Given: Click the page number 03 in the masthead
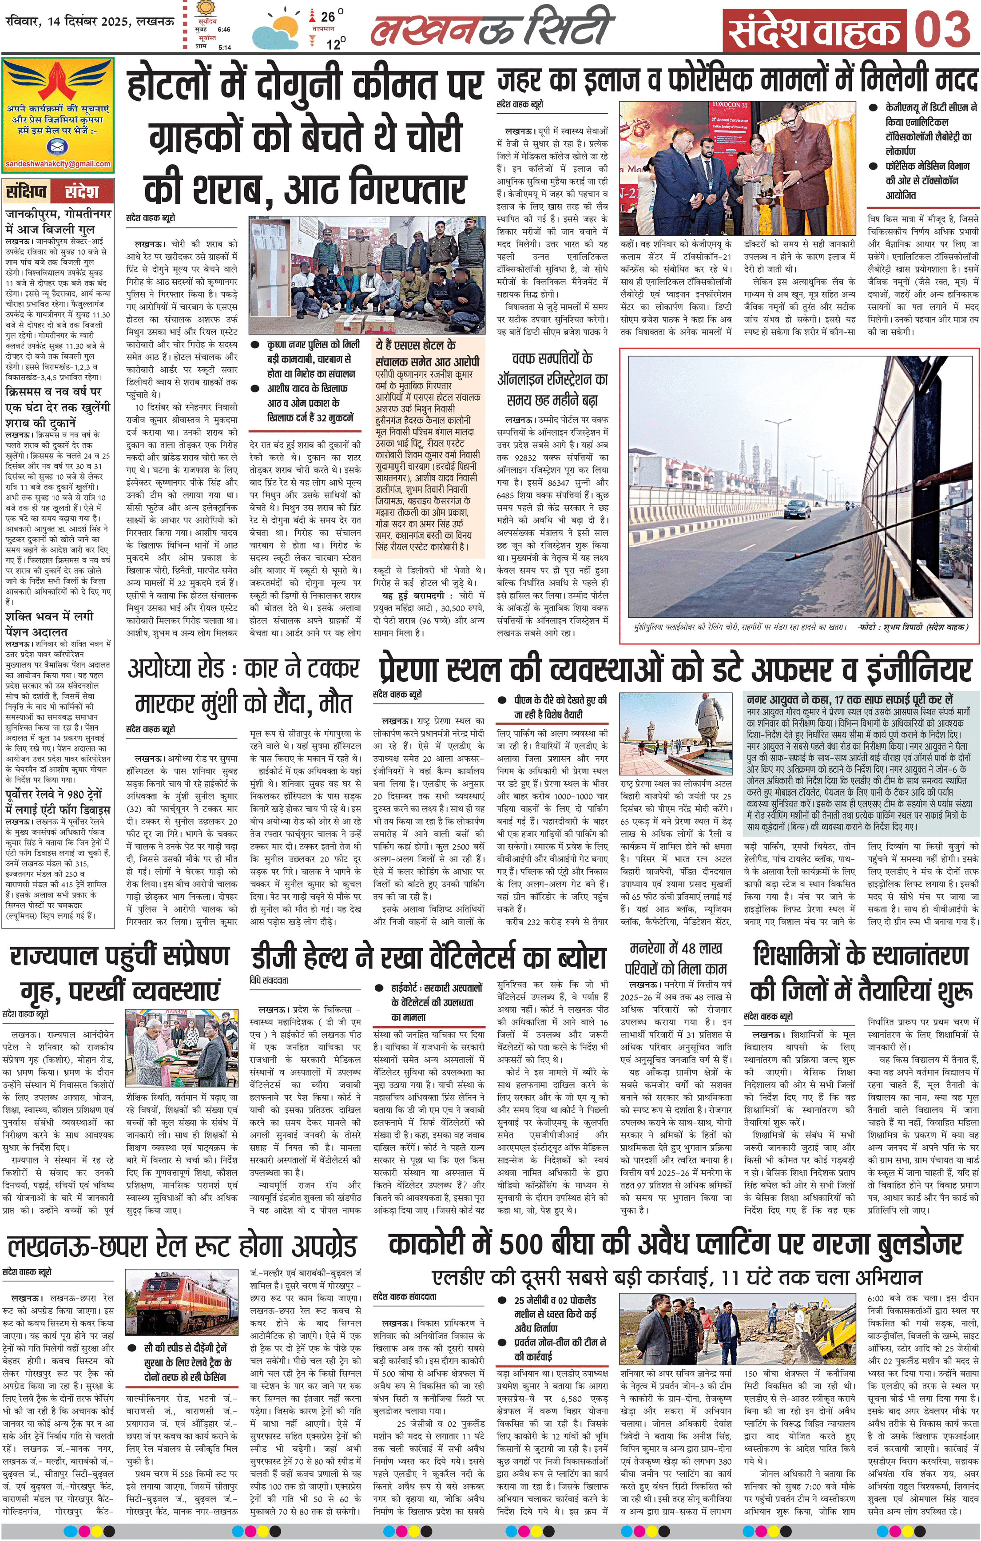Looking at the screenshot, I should (943, 29).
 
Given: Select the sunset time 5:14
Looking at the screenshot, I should (225, 47).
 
